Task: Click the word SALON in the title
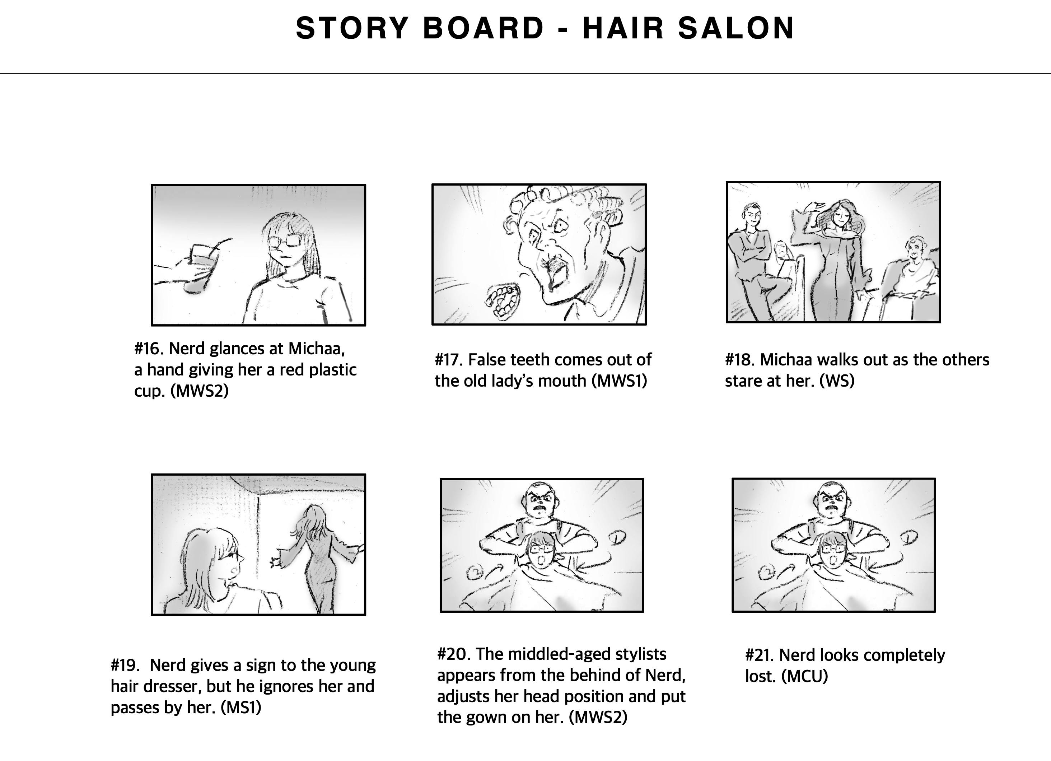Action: click(x=736, y=28)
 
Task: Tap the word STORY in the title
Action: click(x=352, y=28)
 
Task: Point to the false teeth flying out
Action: click(x=503, y=301)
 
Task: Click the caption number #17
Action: click(x=449, y=360)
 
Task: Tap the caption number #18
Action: click(x=740, y=360)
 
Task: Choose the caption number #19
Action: click(x=126, y=665)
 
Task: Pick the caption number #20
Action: click(x=454, y=654)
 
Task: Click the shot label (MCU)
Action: click(x=804, y=677)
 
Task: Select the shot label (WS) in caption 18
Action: click(x=837, y=381)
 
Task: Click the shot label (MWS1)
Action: click(x=619, y=381)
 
